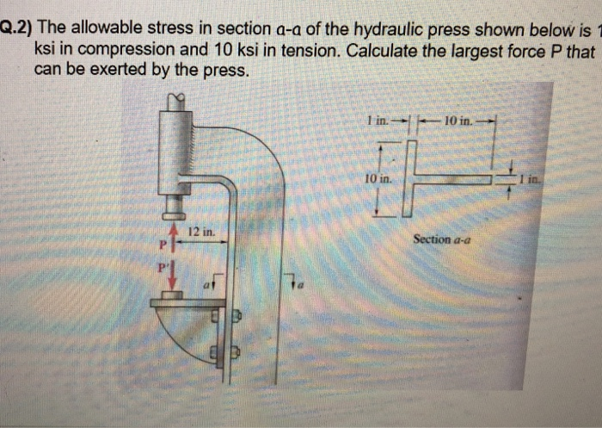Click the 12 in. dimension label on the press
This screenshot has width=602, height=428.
(x=202, y=233)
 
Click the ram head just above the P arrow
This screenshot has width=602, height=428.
(x=175, y=207)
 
